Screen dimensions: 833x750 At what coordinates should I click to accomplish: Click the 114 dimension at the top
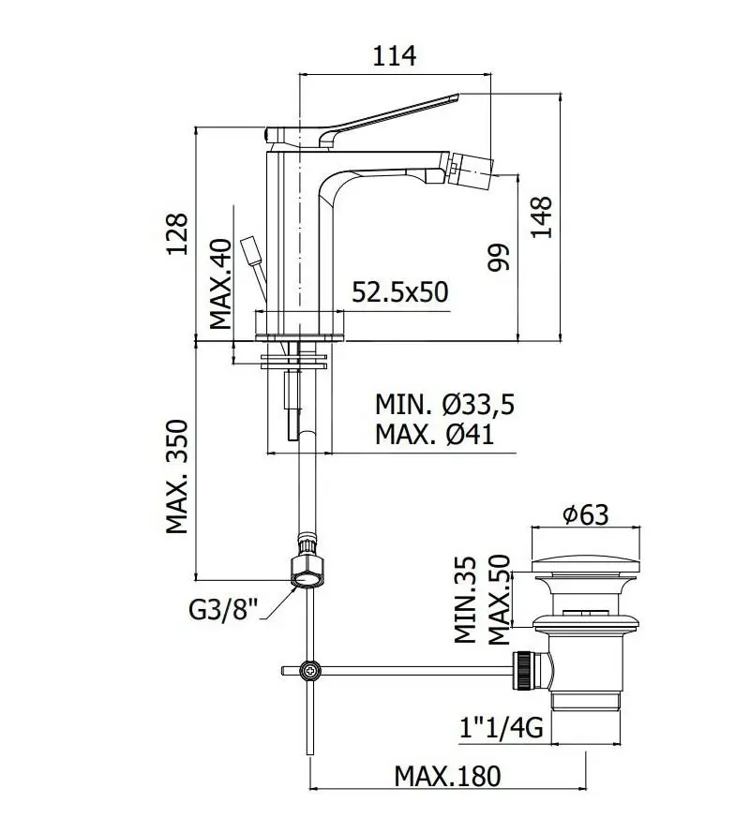point(394,56)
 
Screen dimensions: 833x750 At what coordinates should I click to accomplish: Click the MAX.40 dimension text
point(220,283)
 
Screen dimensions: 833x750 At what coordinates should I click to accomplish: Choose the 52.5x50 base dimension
point(400,292)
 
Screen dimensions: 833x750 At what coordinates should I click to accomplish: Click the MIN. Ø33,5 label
point(445,405)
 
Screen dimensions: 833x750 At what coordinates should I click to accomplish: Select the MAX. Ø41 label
point(434,434)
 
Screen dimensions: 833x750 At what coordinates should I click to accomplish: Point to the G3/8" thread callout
point(223,610)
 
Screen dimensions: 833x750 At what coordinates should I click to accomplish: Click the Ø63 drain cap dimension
point(585,514)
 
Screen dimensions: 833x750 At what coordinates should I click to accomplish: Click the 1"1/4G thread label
point(500,726)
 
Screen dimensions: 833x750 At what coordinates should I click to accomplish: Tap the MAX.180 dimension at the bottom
point(447,776)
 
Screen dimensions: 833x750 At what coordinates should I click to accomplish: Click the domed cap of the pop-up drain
point(586,563)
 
